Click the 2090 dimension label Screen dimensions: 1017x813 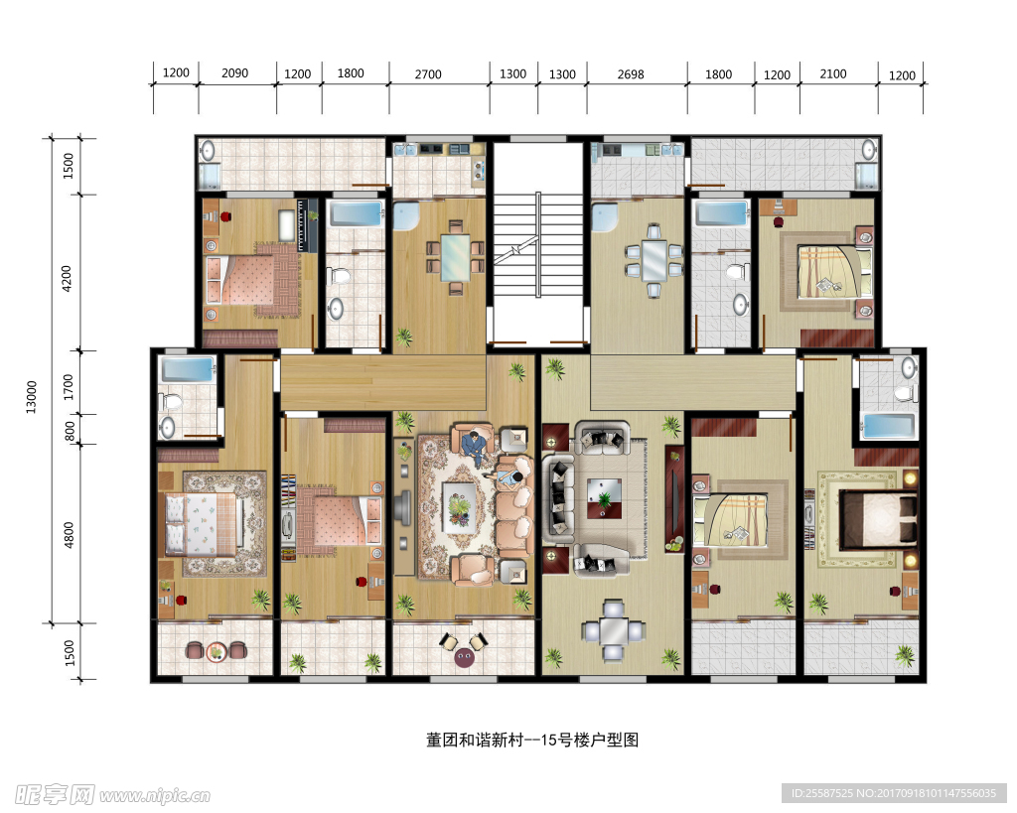tap(234, 73)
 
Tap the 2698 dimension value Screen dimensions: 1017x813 tap(631, 74)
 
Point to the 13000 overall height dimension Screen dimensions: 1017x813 tap(31, 397)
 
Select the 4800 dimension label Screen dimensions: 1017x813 tap(69, 535)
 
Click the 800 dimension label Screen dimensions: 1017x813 tap(71, 431)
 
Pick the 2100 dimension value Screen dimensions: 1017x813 tap(833, 73)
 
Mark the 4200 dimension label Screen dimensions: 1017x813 tap(67, 278)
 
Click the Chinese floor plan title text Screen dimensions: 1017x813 tap(532, 740)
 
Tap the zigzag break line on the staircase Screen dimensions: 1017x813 tap(515, 249)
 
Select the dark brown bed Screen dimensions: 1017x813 tap(877, 519)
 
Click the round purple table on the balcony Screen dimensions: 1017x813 tap(465, 657)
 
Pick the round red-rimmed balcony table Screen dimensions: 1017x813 tap(217, 651)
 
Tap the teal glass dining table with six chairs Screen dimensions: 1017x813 tap(456, 257)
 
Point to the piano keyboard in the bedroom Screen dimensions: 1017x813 tap(303, 225)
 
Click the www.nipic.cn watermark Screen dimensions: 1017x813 tap(154, 795)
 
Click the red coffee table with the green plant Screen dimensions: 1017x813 tap(604, 498)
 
